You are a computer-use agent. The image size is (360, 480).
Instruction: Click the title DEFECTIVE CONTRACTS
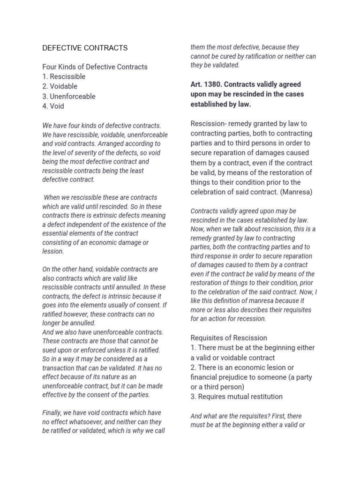pos(85,48)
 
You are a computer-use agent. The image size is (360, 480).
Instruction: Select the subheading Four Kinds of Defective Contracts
pos(95,67)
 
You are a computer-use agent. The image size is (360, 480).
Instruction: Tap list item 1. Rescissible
pos(64,77)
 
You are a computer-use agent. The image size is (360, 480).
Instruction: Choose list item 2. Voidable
pos(60,87)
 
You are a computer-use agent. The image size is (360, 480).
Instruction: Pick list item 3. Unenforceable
pos(69,97)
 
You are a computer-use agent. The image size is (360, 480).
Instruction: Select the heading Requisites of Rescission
pos(229,338)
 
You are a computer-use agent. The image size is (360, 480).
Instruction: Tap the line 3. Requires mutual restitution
pos(236,397)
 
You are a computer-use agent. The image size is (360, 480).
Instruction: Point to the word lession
pos(52,251)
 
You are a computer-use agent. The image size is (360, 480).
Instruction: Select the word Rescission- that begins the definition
pos(209,124)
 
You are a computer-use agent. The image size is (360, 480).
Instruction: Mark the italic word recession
pos(252,319)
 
